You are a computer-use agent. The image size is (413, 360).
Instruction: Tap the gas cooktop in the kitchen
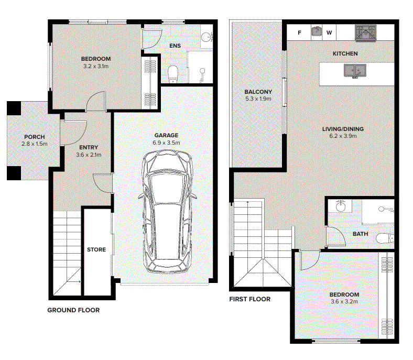[x=366, y=33]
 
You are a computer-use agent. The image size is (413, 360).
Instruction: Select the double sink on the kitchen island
[x=355, y=71]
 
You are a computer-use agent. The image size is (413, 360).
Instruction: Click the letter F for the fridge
[x=299, y=32]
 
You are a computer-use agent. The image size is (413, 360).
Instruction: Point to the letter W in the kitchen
[x=329, y=32]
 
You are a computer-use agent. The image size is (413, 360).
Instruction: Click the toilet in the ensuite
[x=173, y=74]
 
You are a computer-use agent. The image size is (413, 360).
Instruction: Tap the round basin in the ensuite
[x=206, y=37]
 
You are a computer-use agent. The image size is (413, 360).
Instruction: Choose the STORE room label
[x=96, y=249]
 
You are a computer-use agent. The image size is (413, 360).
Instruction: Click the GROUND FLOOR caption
[x=73, y=310]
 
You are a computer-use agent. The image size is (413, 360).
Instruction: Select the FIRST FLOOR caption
[x=249, y=299]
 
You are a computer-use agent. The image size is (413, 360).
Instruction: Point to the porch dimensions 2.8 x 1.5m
[x=35, y=144]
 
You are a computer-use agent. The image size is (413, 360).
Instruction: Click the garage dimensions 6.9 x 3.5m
[x=166, y=143]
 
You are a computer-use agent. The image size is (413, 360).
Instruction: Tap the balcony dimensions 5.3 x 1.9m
[x=258, y=99]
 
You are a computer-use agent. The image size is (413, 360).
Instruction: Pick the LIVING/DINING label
[x=343, y=129]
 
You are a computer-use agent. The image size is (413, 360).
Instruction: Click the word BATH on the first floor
[x=360, y=234]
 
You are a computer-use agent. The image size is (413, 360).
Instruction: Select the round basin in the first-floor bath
[x=341, y=206]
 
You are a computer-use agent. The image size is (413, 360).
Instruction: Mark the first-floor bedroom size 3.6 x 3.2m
[x=344, y=301]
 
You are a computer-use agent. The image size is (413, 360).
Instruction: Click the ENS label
[x=175, y=46]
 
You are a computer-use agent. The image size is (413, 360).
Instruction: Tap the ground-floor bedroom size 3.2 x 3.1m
[x=96, y=67]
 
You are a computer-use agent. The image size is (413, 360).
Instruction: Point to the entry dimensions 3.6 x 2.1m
[x=89, y=155]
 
